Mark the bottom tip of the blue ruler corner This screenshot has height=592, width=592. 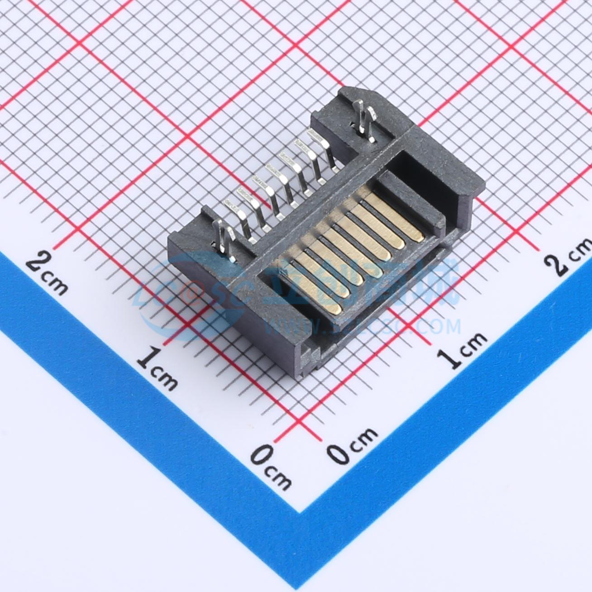click(300, 512)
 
